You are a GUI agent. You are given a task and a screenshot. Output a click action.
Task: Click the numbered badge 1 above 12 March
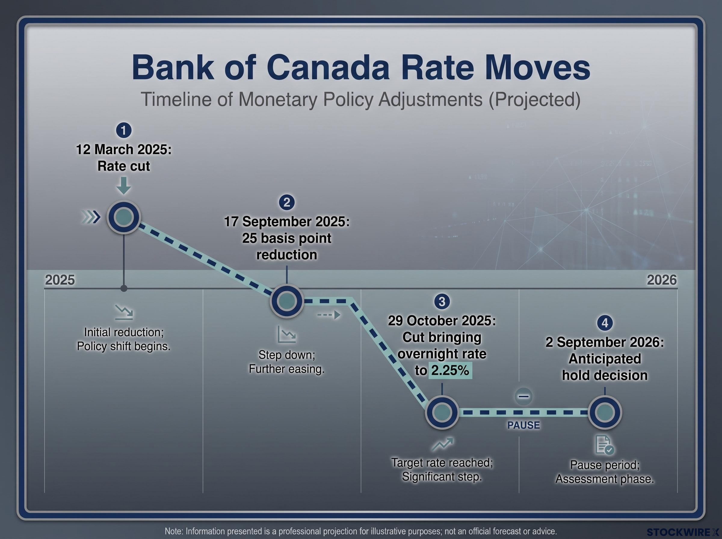(124, 131)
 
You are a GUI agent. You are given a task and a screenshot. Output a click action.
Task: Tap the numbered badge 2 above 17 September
(287, 203)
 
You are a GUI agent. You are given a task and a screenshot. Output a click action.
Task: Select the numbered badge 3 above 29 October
(442, 301)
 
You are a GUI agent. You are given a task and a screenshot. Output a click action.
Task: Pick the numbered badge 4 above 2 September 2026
(605, 323)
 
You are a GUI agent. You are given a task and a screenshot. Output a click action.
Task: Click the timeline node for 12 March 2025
(124, 217)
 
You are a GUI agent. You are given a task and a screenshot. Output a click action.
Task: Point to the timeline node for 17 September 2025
(287, 301)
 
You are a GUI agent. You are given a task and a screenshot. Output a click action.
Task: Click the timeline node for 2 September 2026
(605, 412)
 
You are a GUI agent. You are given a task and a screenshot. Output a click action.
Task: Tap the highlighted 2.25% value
(450, 370)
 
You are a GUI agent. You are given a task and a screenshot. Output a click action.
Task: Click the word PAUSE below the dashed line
(524, 425)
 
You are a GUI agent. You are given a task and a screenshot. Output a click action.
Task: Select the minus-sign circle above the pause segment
(524, 396)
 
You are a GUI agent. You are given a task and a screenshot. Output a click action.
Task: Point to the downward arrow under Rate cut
(124, 185)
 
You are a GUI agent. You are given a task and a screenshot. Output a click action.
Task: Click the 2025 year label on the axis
(60, 280)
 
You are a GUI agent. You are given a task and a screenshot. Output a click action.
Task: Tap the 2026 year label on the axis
(662, 280)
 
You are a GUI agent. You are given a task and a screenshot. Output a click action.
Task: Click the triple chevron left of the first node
(90, 217)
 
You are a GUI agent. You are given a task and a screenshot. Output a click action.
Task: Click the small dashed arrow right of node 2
(329, 315)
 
